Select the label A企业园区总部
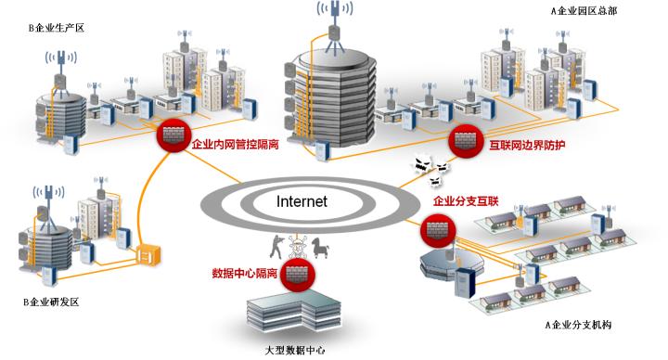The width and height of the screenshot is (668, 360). [x=584, y=11]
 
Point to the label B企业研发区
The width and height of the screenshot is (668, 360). [x=53, y=302]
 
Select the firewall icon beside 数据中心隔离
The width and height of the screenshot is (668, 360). [x=298, y=274]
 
